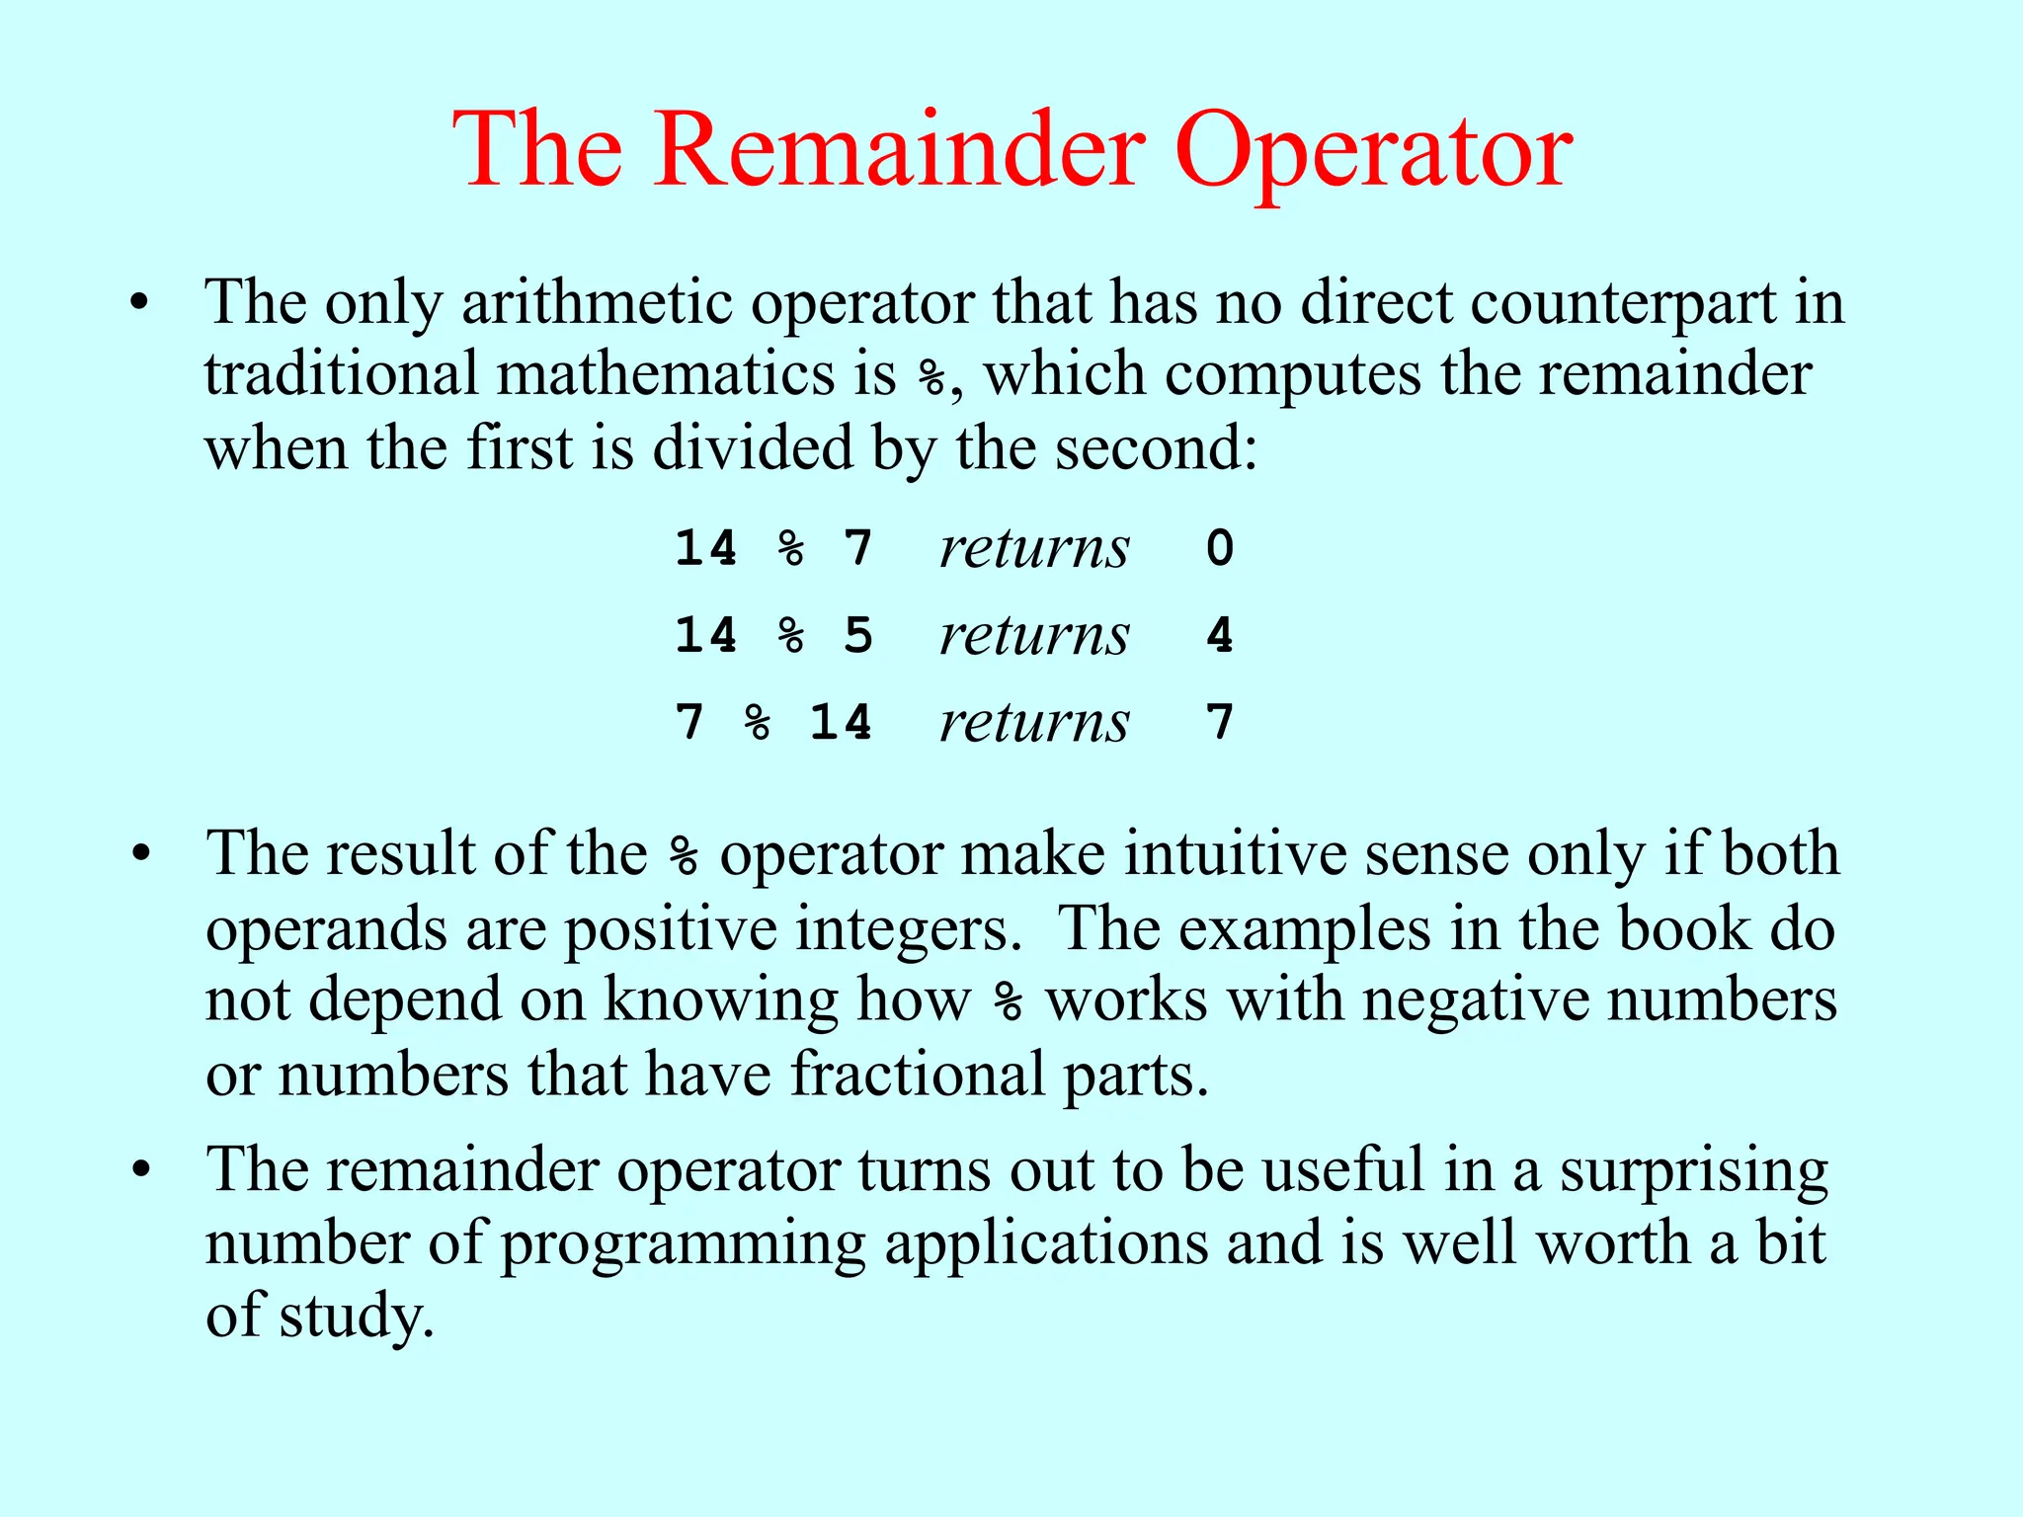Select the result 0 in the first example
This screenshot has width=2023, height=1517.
[x=1220, y=548]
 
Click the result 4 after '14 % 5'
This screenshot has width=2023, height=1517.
[x=1220, y=635]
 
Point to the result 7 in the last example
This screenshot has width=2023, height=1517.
[x=1220, y=722]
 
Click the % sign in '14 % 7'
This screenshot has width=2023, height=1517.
[x=791, y=548]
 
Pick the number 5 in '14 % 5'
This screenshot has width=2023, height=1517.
[x=858, y=635]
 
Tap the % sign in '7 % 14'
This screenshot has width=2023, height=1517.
[x=758, y=722]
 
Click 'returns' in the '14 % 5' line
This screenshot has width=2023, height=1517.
[x=1033, y=635]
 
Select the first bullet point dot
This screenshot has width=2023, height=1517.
[x=140, y=303]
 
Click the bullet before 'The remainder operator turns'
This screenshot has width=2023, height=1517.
[x=140, y=1170]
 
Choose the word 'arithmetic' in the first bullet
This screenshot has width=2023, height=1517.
[x=597, y=303]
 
